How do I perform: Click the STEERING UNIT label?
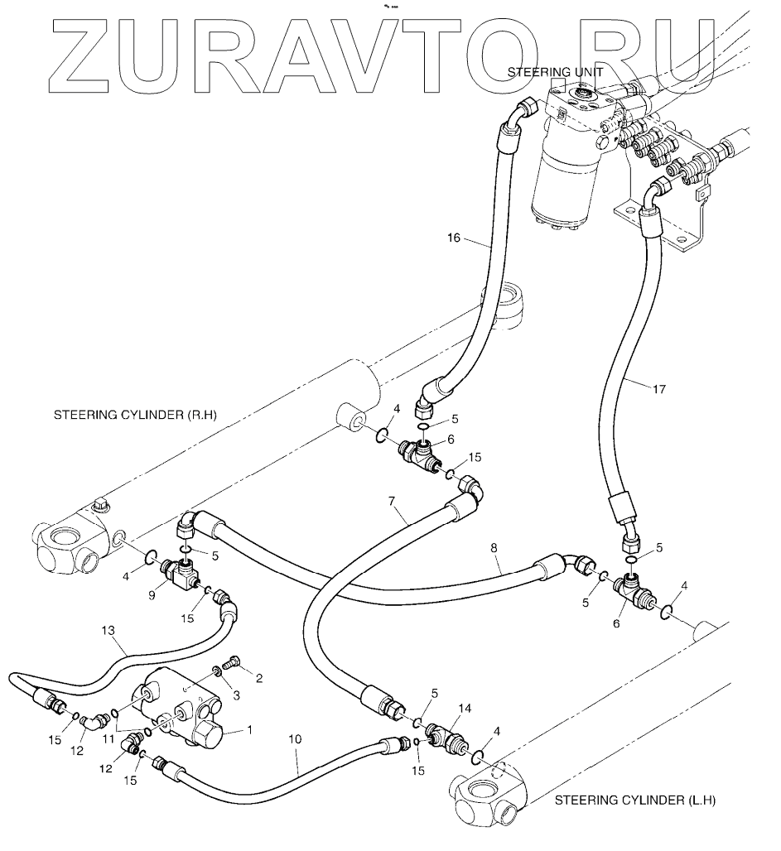(x=555, y=73)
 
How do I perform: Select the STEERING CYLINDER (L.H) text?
(x=634, y=801)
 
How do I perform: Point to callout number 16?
(x=453, y=238)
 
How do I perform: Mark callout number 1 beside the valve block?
(x=248, y=731)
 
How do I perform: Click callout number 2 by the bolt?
(x=258, y=679)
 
